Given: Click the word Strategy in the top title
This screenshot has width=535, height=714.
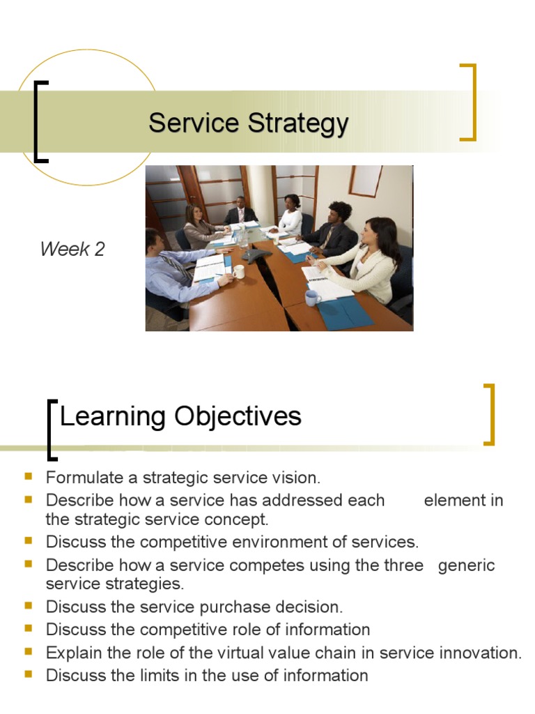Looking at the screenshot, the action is [x=298, y=124].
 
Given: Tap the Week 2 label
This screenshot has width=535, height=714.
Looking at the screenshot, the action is [x=72, y=249].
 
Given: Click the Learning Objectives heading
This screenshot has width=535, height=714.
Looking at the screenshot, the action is [x=180, y=417].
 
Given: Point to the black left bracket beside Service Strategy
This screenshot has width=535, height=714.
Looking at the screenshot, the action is [x=36, y=121].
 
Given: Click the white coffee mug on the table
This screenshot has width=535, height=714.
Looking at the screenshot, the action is [x=238, y=271].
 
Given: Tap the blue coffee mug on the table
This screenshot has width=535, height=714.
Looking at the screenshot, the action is [x=313, y=298].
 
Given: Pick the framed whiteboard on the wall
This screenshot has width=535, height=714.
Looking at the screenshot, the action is [x=365, y=181].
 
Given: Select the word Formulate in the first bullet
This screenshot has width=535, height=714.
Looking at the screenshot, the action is [x=84, y=478].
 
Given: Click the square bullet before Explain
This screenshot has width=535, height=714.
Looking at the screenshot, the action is [x=29, y=651].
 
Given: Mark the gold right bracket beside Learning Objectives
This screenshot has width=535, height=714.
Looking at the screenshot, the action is [x=490, y=414].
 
